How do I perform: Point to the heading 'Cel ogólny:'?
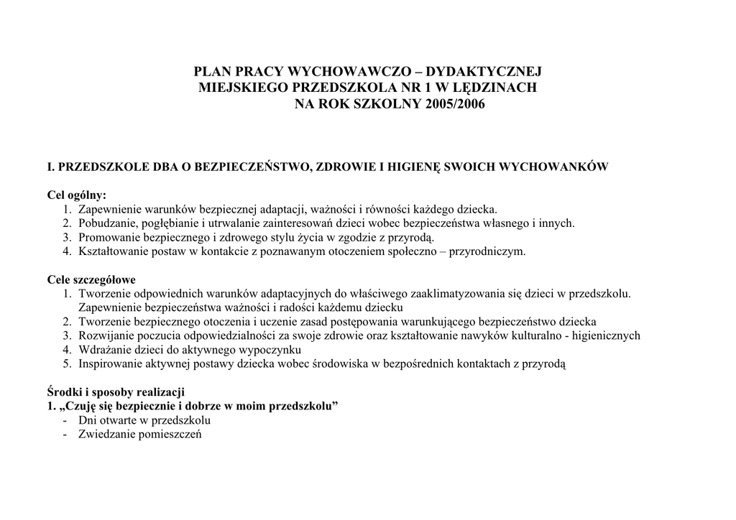pos(77,195)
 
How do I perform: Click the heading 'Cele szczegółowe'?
pos(91,279)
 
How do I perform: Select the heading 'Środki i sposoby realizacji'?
pos(116,391)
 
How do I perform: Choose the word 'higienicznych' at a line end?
pos(608,335)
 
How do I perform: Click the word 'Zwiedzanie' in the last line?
pos(105,434)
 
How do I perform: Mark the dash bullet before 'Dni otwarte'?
pos(65,420)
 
